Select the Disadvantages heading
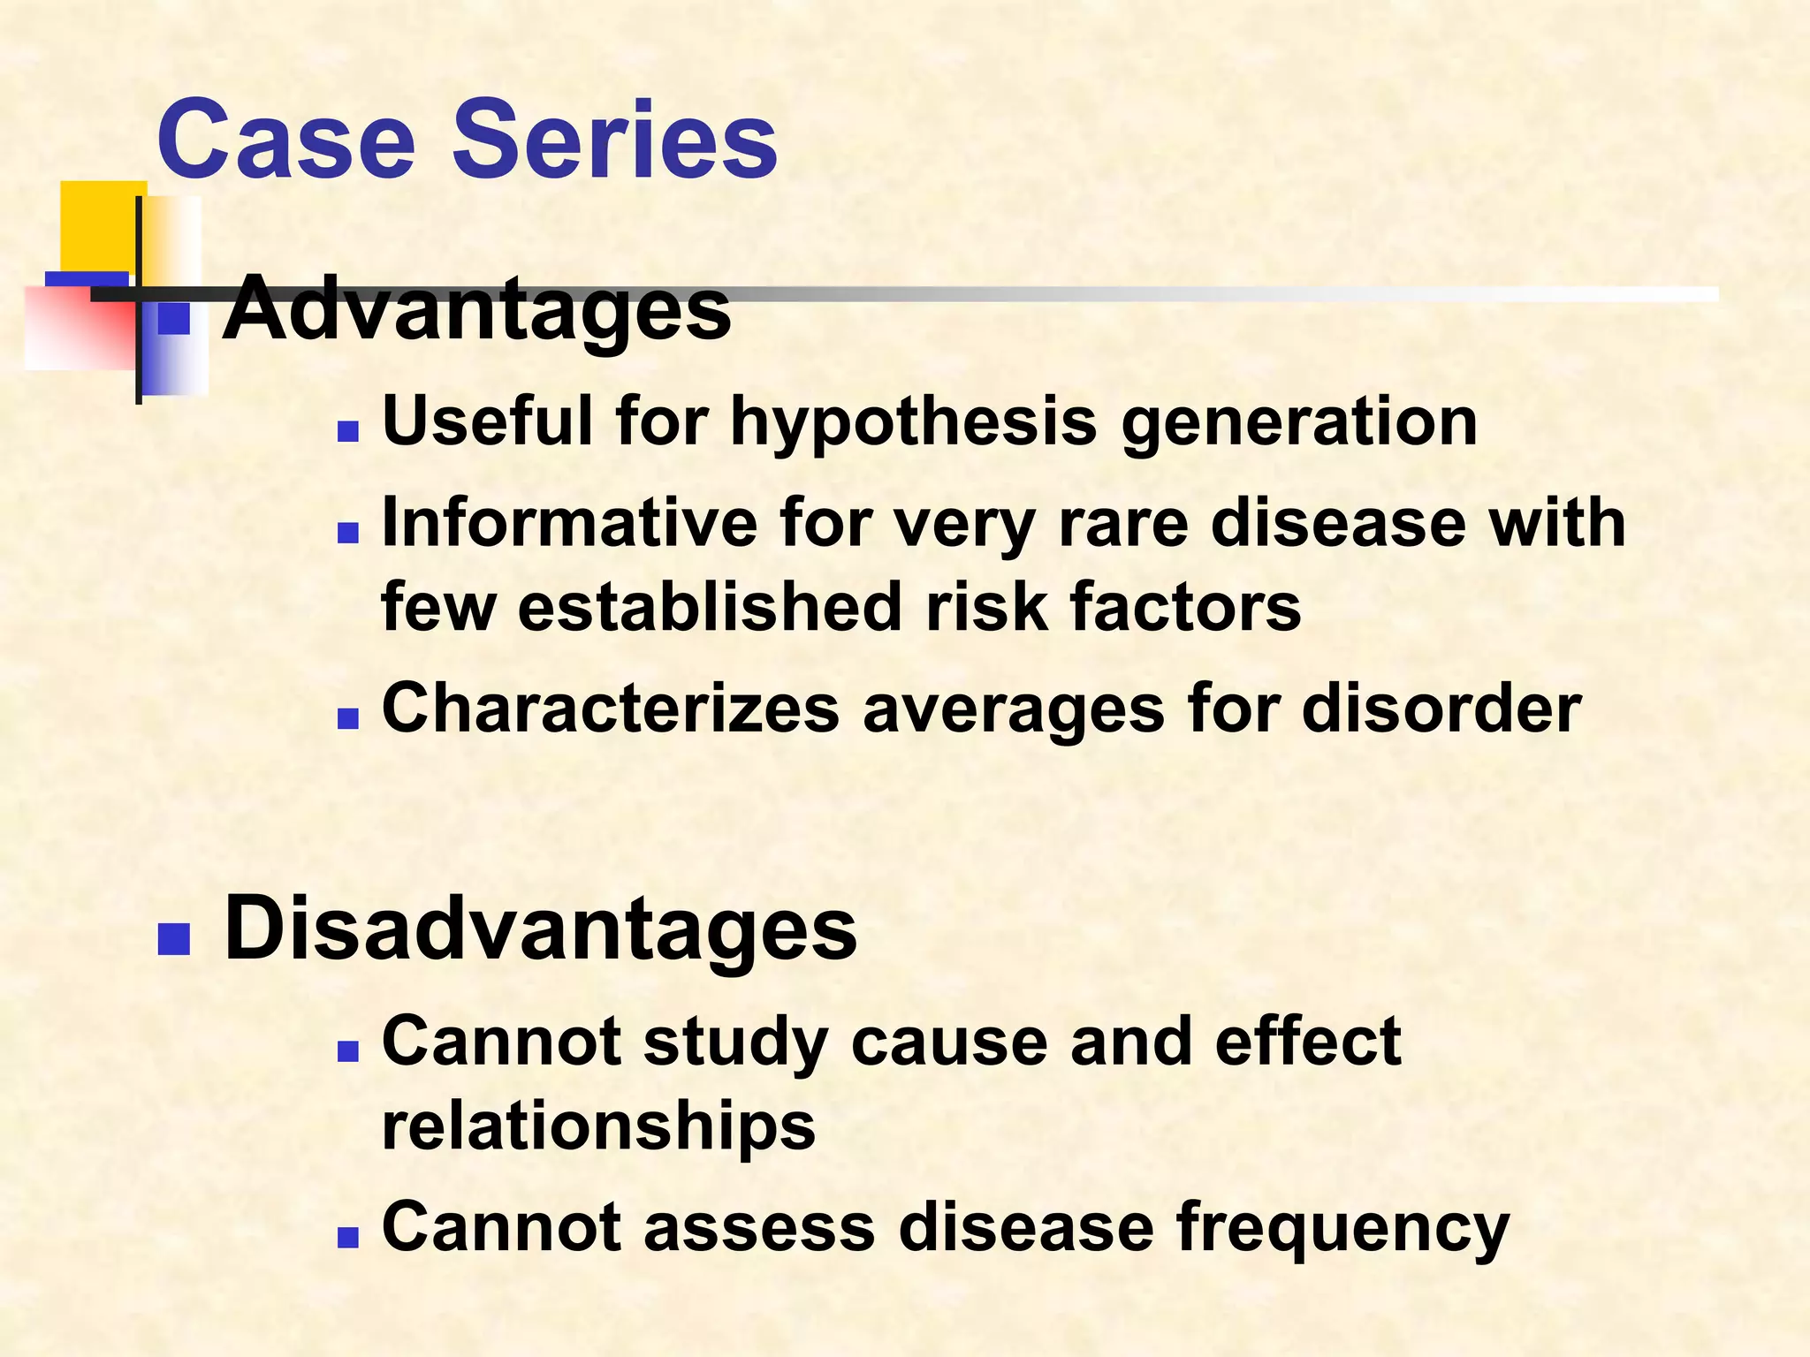pyautogui.click(x=540, y=929)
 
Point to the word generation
pyautogui.click(x=1299, y=422)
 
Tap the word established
pyautogui.click(x=711, y=608)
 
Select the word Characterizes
pyautogui.click(x=610, y=709)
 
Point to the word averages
pyautogui.click(x=1013, y=709)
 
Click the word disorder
pyautogui.click(x=1441, y=709)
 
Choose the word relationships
pyautogui.click(x=598, y=1127)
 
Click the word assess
pyautogui.click(x=759, y=1228)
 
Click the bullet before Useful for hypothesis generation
pyautogui.click(x=348, y=432)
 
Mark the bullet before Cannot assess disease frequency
pyautogui.click(x=348, y=1237)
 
